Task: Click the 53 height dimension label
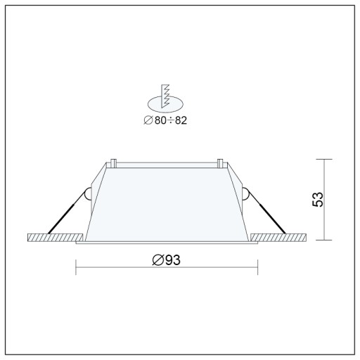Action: coord(318,200)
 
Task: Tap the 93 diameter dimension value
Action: coord(173,260)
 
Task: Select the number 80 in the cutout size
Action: coord(160,120)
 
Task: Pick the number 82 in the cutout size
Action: coord(181,120)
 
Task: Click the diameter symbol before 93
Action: coord(158,260)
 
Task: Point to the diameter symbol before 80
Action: coord(148,120)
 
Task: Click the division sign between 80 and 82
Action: coord(171,121)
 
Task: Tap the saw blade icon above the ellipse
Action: coord(165,96)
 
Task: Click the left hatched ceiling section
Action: coord(56,238)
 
